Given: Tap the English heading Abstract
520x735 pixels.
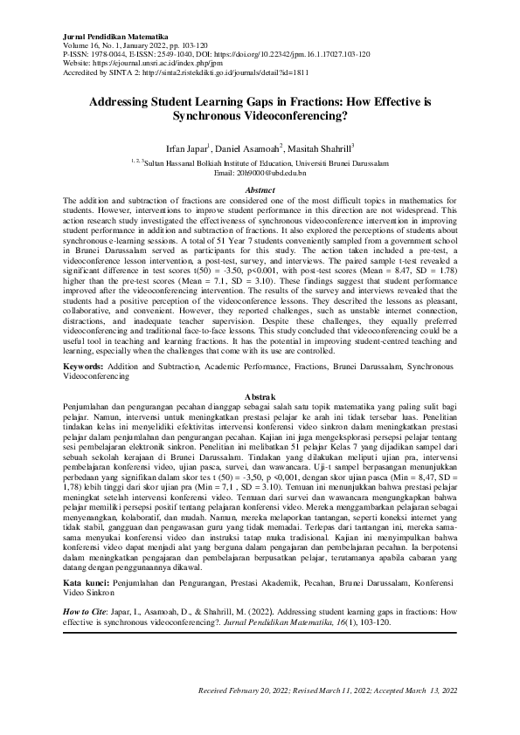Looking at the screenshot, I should pos(260,189).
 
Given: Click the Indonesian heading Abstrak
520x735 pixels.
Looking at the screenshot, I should pos(260,396).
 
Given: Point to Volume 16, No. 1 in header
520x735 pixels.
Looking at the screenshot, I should pos(96,45).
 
